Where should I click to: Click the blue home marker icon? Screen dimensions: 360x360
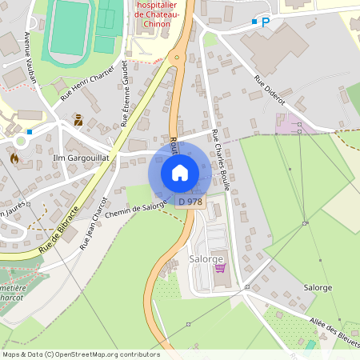tap(180, 172)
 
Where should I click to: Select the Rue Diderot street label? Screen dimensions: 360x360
tap(270, 90)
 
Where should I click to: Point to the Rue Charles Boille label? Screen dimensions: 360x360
tap(222, 160)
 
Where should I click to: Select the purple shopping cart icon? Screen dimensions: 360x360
tap(220, 268)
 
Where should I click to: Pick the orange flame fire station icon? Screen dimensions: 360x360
tap(14, 158)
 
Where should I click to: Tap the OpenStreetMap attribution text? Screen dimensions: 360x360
tap(81, 354)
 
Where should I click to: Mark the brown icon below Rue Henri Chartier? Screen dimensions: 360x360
tap(78, 121)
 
